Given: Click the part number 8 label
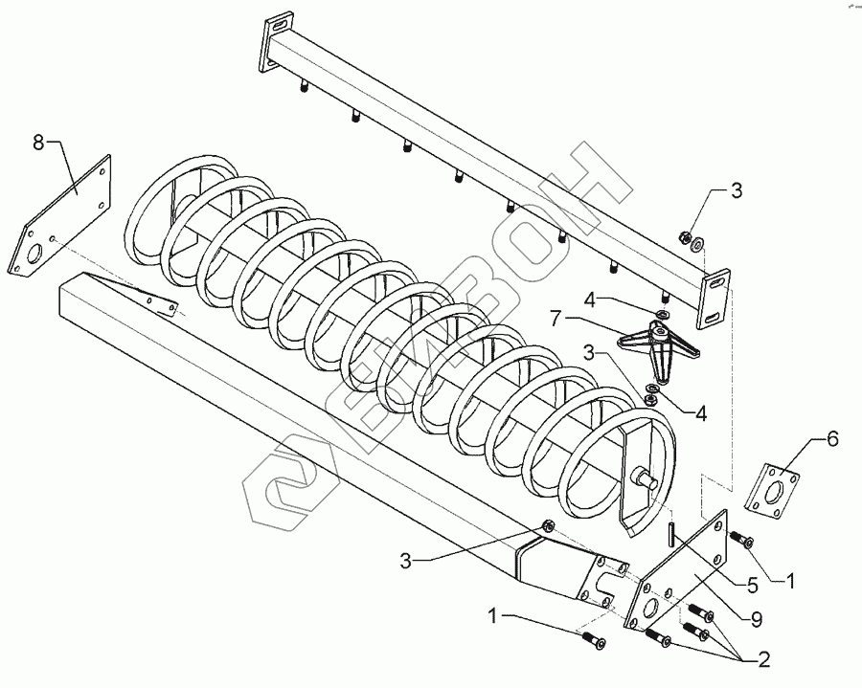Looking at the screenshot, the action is tap(38, 143).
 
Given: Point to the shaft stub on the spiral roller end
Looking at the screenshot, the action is tap(643, 478).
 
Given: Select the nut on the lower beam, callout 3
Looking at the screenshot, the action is tap(549, 524).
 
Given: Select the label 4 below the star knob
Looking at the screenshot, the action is tap(701, 414).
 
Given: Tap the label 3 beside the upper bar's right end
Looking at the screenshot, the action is tap(737, 190).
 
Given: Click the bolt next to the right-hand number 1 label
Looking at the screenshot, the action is tap(742, 541).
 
